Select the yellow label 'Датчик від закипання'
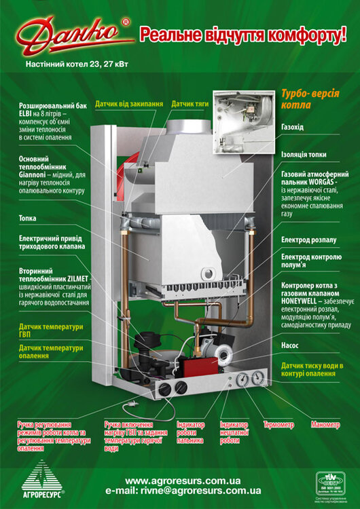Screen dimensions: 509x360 pyautogui.click(x=129, y=104)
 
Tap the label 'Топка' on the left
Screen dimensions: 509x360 pyautogui.click(x=28, y=219)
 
